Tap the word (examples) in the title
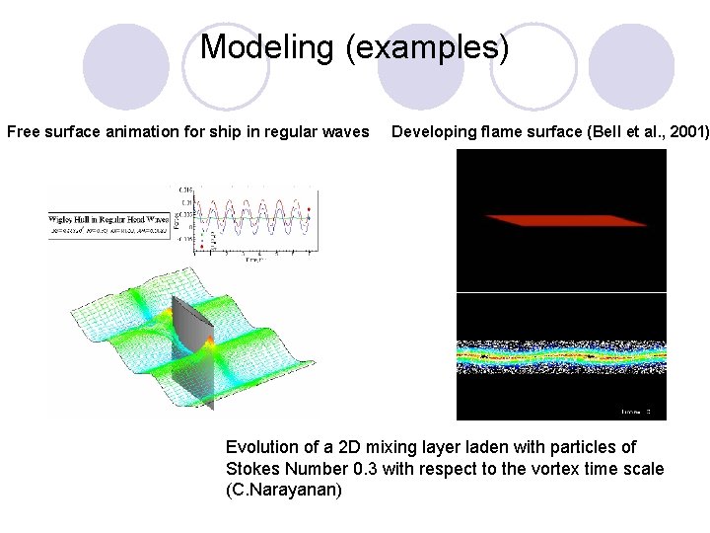click(427, 46)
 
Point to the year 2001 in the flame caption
click(686, 131)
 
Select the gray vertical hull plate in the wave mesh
click(192, 345)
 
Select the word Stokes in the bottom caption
click(252, 469)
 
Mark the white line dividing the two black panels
click(561, 292)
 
